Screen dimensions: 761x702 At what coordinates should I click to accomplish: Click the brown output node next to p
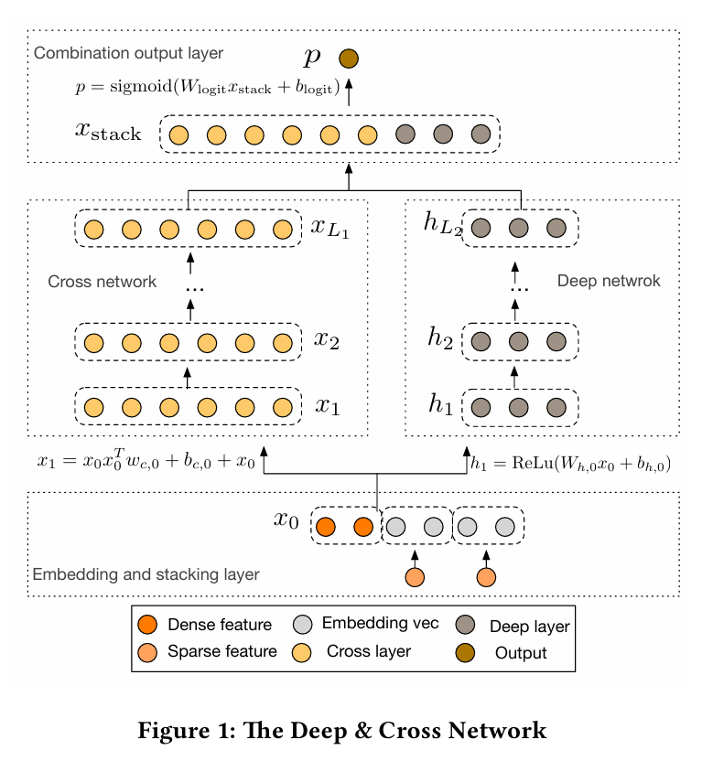pyautogui.click(x=349, y=59)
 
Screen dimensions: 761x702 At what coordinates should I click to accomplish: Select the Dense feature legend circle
pyautogui.click(x=147, y=626)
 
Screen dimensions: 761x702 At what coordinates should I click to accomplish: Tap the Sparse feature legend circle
pyautogui.click(x=147, y=652)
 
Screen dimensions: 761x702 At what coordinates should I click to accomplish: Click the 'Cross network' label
pyautogui.click(x=103, y=282)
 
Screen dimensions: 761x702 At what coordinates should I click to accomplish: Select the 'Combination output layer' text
pyautogui.click(x=128, y=53)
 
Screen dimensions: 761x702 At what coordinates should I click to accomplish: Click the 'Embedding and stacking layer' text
pyautogui.click(x=146, y=575)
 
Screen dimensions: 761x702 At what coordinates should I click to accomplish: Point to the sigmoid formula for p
pyautogui.click(x=207, y=89)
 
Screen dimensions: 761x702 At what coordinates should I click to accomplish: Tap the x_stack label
pyautogui.click(x=108, y=133)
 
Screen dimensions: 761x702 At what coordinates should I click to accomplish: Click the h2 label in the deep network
pyautogui.click(x=443, y=339)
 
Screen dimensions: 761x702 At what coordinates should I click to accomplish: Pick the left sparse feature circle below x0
pyautogui.click(x=415, y=577)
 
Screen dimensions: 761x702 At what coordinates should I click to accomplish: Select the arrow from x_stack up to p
pyautogui.click(x=349, y=91)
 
